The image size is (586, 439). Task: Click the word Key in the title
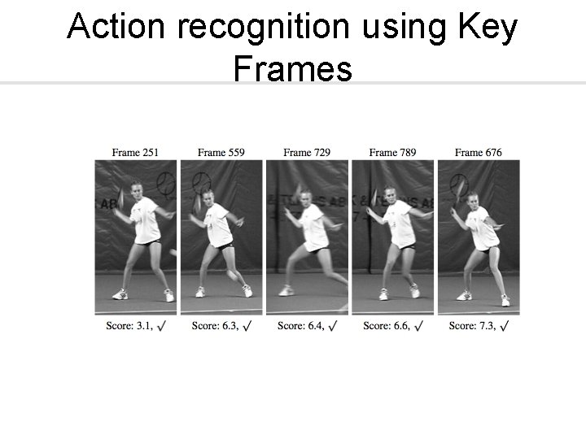point(488,28)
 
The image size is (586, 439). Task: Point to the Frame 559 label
point(221,152)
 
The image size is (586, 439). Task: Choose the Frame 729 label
point(307,152)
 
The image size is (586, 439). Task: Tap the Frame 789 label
point(393,152)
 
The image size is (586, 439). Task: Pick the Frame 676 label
point(479,152)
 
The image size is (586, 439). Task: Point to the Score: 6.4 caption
point(300,326)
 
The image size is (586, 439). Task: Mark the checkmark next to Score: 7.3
point(505,326)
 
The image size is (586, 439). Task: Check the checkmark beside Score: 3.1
point(161,326)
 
